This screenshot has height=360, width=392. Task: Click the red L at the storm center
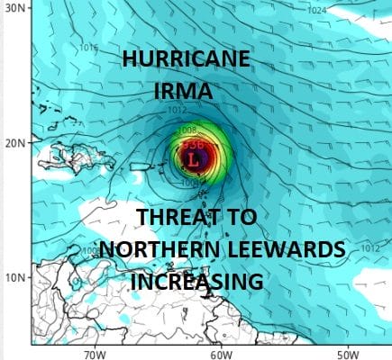click(x=193, y=158)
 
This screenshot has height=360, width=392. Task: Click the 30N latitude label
click(x=14, y=8)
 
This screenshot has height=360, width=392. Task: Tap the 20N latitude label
click(x=14, y=143)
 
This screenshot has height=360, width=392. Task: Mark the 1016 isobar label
click(x=88, y=48)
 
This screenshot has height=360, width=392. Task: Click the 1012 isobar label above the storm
click(x=177, y=112)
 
